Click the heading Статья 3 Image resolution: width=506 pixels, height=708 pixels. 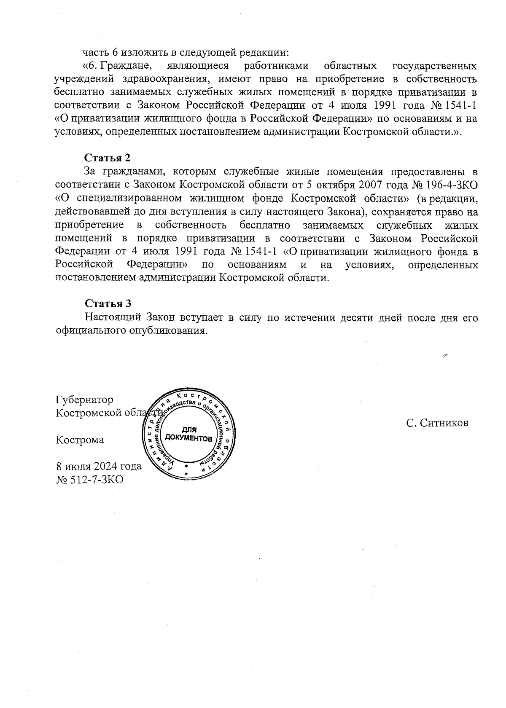pyautogui.click(x=108, y=303)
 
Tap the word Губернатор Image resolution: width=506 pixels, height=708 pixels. pyautogui.click(x=84, y=399)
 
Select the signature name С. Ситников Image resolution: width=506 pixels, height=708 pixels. pyautogui.click(x=437, y=423)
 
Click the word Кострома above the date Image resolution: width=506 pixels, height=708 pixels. pyautogui.click(x=80, y=440)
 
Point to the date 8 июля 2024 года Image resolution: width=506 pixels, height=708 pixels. pyautogui.click(x=99, y=466)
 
